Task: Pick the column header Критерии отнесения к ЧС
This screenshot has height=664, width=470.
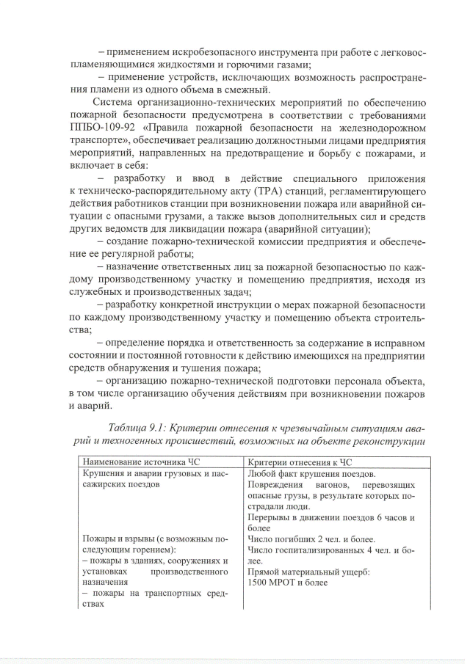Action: coord(300,463)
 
